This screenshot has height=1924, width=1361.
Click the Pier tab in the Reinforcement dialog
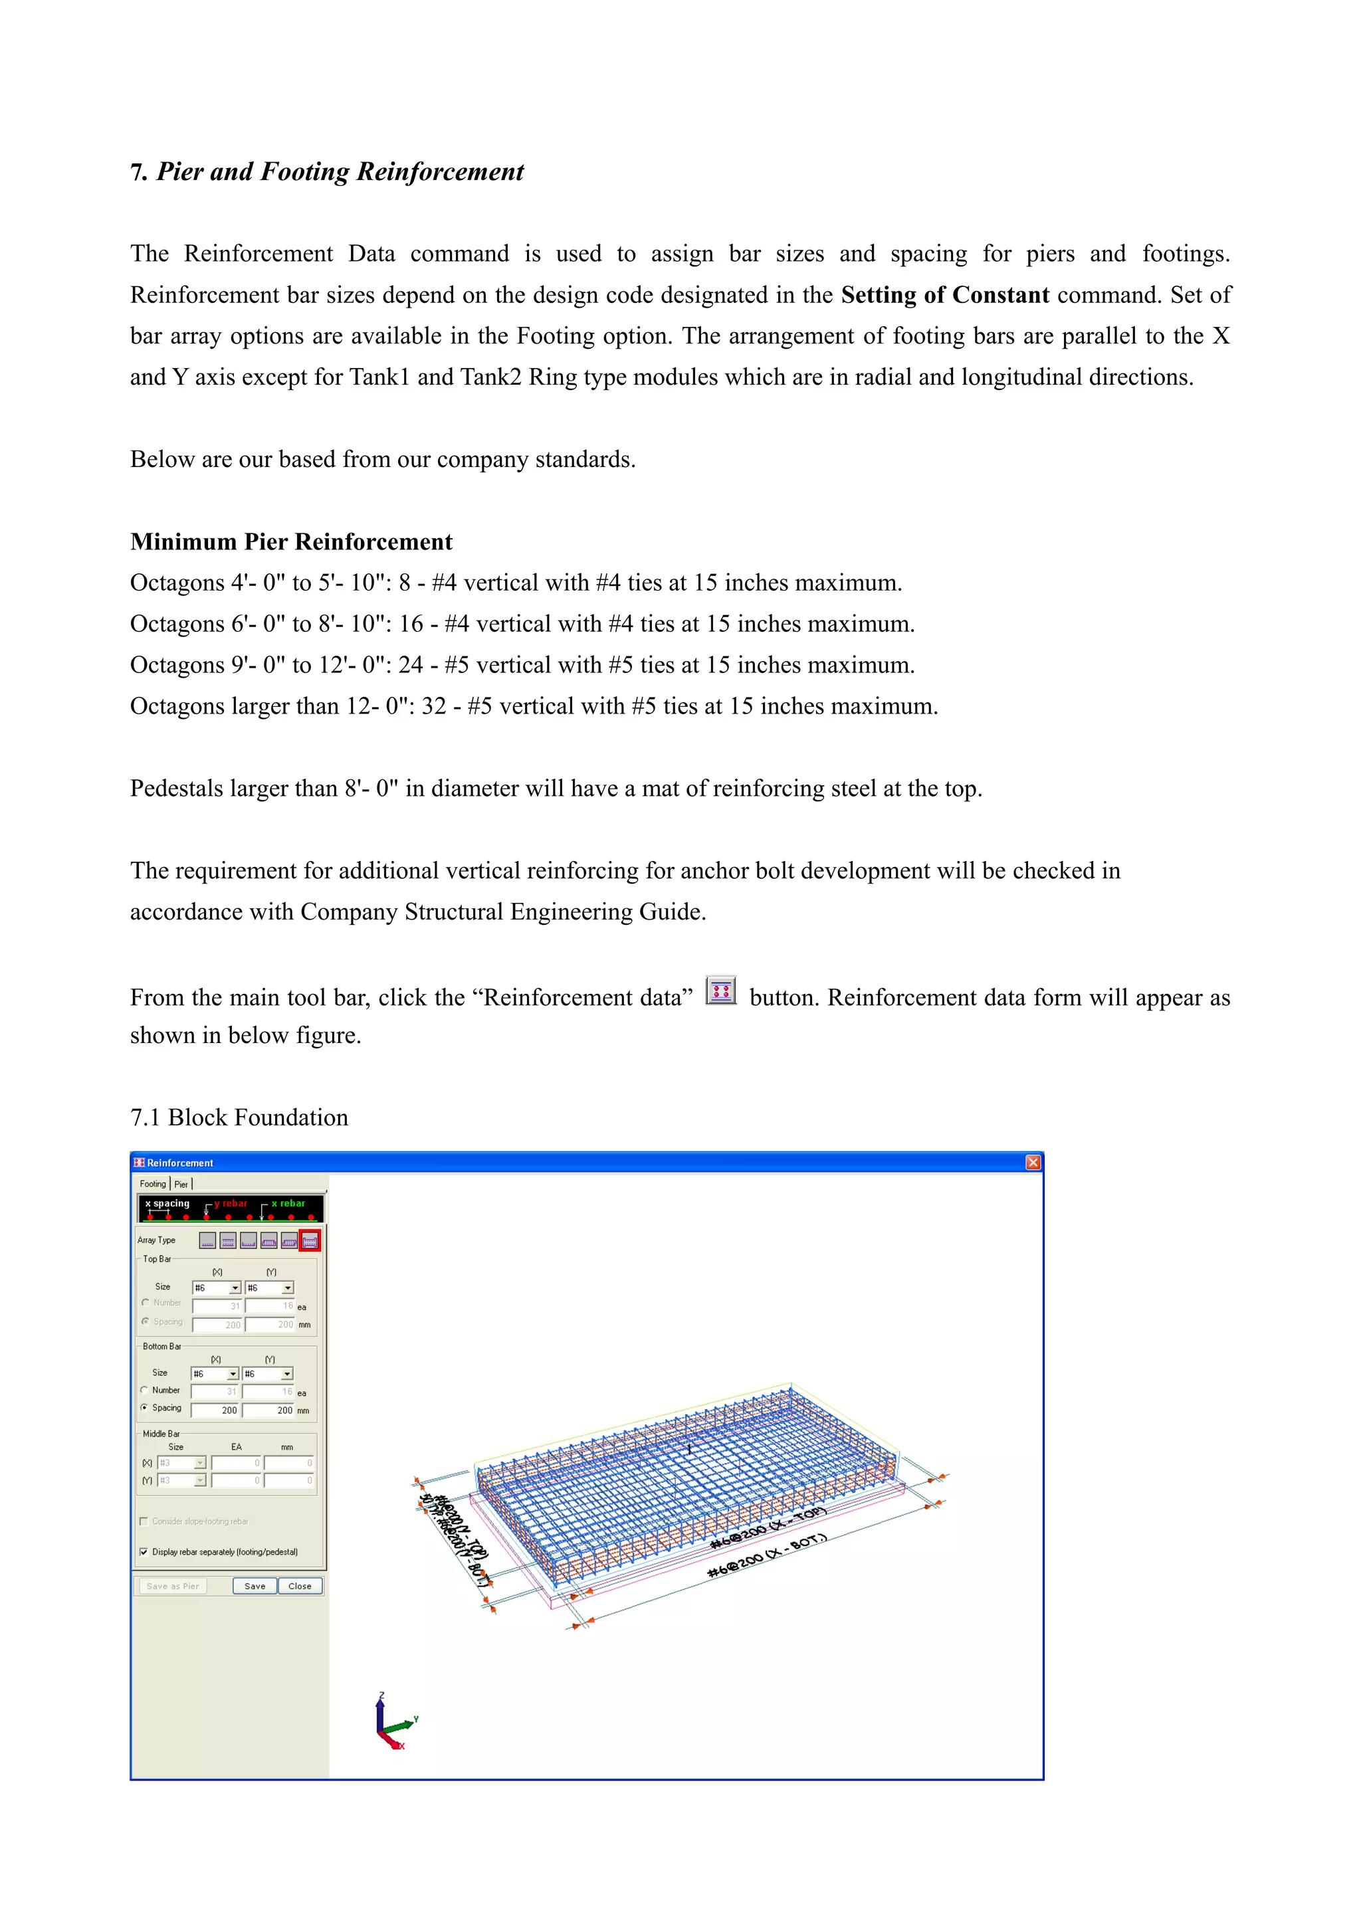click(x=181, y=1184)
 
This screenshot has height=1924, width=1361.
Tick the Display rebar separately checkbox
click(x=144, y=1552)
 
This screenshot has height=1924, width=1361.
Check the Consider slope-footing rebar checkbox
click(x=144, y=1521)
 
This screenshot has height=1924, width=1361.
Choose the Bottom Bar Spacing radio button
click(x=144, y=1408)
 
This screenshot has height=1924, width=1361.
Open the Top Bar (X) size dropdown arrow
click(x=235, y=1288)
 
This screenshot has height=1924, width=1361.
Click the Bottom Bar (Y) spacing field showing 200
click(x=268, y=1410)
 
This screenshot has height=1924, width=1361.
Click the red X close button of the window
click(x=1033, y=1162)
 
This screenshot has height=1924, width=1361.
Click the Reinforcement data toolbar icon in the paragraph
click(x=721, y=991)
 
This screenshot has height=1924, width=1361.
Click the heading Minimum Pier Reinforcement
click(x=291, y=541)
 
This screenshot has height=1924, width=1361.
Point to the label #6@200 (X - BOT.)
click(x=767, y=1555)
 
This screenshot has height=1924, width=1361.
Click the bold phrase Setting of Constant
click(x=944, y=295)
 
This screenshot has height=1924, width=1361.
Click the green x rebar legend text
click(x=288, y=1203)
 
